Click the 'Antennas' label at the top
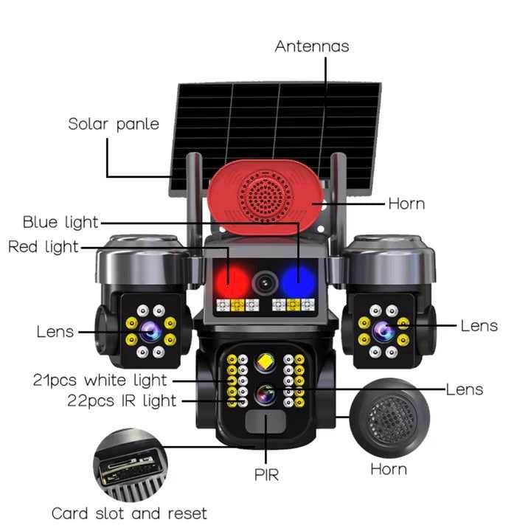[311, 46]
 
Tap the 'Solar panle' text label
[114, 124]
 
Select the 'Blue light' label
[60, 222]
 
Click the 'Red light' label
[43, 247]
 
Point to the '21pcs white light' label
[100, 381]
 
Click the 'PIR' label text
[266, 474]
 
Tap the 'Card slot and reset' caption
[129, 513]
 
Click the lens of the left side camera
[147, 330]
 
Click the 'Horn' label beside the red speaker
[406, 204]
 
